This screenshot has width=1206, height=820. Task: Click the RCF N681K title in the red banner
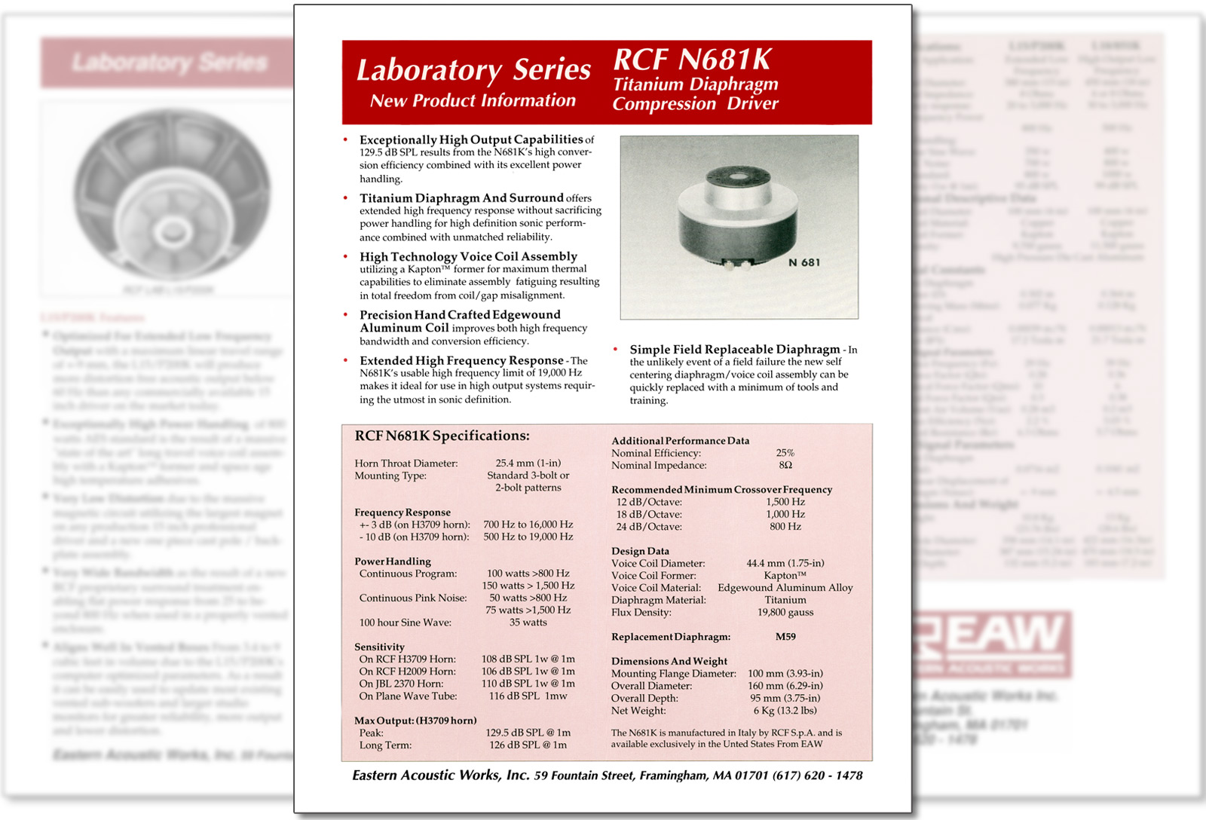point(693,60)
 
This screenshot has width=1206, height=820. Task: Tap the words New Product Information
point(473,101)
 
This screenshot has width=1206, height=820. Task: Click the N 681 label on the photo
point(803,262)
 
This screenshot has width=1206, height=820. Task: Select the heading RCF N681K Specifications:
point(442,436)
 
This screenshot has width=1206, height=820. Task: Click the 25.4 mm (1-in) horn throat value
point(528,463)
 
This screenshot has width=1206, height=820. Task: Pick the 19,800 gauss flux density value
point(785,612)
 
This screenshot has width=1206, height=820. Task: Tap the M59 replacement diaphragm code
point(785,637)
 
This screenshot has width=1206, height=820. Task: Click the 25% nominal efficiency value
point(785,453)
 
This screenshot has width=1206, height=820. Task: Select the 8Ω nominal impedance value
point(785,465)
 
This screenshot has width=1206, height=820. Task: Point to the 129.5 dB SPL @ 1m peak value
point(528,733)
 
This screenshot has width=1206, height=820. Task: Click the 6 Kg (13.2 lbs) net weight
point(785,710)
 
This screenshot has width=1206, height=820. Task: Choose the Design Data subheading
point(640,551)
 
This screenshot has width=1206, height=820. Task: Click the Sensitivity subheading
point(379,647)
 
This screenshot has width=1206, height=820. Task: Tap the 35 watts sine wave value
point(528,623)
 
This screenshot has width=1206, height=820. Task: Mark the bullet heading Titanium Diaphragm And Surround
point(461,198)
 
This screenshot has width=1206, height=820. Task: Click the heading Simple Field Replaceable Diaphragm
point(735,350)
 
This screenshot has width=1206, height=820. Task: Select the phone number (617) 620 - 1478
point(818,776)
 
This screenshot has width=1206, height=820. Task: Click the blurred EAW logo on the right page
point(991,641)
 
